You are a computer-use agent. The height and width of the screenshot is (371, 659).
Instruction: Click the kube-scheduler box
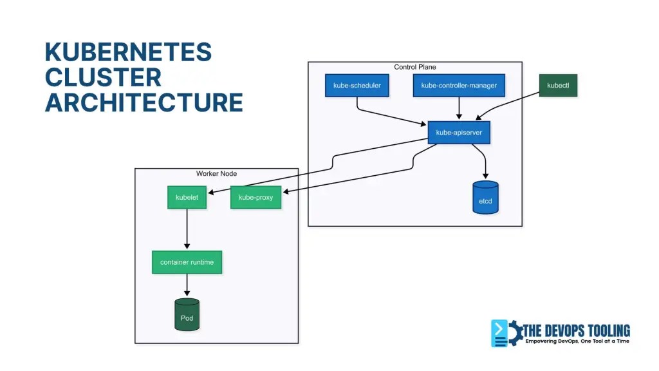357,85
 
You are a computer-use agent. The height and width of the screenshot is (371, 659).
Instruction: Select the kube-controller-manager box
458,85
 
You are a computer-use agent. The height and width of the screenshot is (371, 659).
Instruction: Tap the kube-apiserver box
458,133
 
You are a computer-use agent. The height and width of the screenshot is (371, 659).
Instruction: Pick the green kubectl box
557,85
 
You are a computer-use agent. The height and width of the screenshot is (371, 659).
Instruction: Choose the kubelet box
187,197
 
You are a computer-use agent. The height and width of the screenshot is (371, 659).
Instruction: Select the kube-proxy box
255,197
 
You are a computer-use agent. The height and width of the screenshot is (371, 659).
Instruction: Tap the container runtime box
187,262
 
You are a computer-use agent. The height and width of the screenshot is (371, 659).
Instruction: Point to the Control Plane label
414,67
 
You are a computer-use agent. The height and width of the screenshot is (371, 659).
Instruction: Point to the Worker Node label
216,173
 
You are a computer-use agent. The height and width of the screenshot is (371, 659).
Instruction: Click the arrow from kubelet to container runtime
187,229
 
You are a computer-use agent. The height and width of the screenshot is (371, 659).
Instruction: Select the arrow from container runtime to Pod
187,285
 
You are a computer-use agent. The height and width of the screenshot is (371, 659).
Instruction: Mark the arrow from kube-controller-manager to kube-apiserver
458,108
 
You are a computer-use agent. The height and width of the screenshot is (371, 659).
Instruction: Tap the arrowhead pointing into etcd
485,176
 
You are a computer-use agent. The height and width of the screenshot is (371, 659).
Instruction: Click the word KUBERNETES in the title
127,52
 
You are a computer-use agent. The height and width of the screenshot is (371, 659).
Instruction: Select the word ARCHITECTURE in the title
144,102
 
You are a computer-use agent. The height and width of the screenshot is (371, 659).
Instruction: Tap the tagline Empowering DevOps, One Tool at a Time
577,341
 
